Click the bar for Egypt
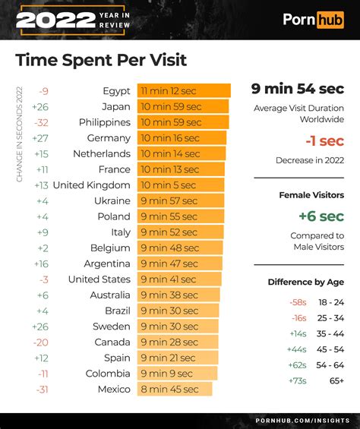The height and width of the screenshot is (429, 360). click(x=183, y=91)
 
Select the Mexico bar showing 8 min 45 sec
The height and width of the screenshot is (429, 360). click(x=174, y=389)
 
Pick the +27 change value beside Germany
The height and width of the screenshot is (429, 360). click(x=40, y=138)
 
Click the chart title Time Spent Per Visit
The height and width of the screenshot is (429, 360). click(x=101, y=59)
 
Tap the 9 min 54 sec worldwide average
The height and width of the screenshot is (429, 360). click(x=298, y=90)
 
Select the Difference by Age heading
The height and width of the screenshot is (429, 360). click(x=305, y=282)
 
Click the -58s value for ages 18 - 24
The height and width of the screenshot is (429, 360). click(x=298, y=302)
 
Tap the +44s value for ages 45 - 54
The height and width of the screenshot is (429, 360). click(x=297, y=349)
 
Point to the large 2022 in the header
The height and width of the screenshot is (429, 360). click(x=49, y=20)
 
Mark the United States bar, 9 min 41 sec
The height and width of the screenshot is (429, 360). click(x=179, y=279)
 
